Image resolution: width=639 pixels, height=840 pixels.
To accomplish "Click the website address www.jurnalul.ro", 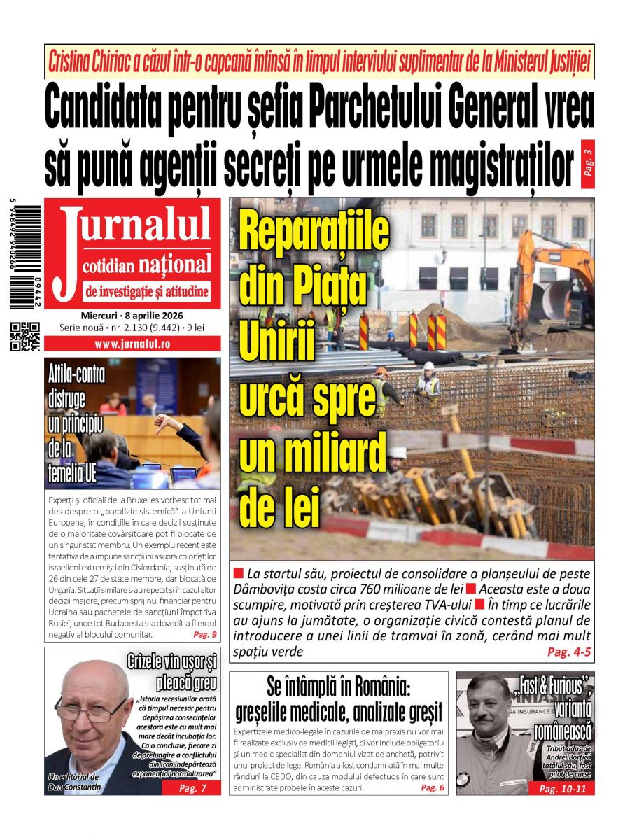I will point(132,344).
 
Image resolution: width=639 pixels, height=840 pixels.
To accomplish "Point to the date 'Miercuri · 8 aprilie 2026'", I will point(132,315).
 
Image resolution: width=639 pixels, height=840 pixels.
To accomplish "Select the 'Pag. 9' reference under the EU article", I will point(204,635).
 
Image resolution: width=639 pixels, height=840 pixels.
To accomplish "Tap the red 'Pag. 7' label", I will point(192,788).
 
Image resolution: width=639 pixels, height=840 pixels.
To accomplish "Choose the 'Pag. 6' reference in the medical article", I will point(432,787).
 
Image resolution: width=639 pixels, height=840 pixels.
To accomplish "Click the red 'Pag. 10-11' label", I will point(563,788).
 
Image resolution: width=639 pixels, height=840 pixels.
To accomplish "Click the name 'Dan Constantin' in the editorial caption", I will point(74,787).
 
